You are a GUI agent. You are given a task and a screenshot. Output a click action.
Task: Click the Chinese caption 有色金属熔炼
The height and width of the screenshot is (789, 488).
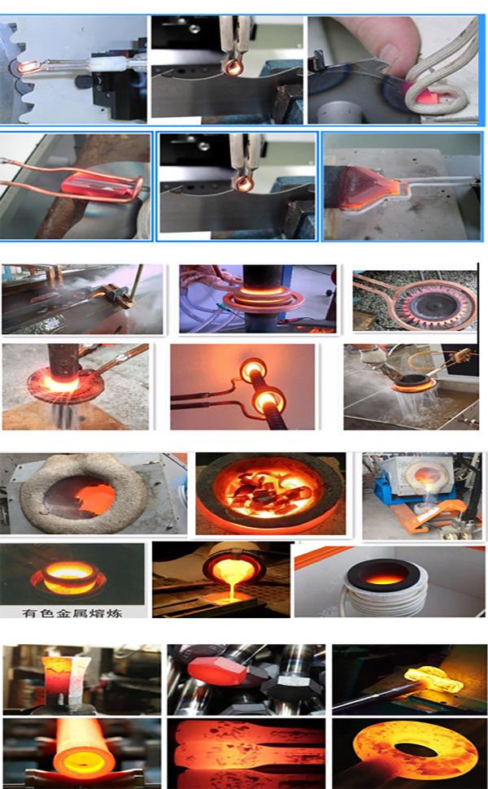click(72, 612)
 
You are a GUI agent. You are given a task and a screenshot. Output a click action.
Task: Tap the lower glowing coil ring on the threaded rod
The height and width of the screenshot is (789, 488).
click(267, 403)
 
